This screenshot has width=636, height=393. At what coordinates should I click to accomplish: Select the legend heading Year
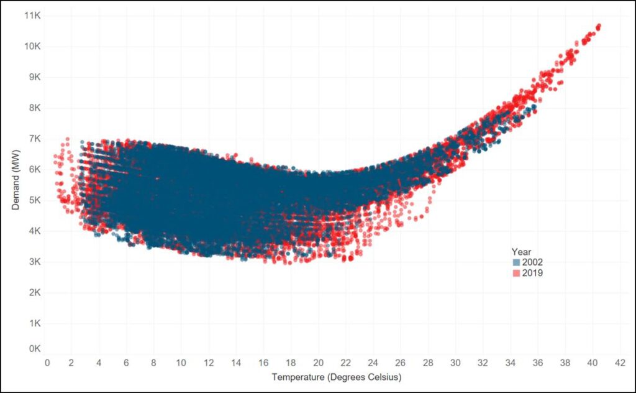520,251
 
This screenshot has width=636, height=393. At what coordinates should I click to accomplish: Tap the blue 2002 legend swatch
516,262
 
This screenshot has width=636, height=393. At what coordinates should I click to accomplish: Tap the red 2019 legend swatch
516,273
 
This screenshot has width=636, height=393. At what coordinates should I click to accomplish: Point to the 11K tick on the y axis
32,15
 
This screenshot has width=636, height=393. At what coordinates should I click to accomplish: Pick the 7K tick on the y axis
34,139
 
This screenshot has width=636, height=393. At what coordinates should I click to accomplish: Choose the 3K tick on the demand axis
34,261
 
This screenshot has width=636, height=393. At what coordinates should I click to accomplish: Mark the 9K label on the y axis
34,77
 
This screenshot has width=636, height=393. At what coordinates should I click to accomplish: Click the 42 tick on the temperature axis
619,363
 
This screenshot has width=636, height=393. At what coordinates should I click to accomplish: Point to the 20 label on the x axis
319,363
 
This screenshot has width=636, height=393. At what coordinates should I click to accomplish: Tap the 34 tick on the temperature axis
510,363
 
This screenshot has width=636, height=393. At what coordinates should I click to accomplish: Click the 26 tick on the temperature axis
401,363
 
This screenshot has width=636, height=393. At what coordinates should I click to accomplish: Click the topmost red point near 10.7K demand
599,26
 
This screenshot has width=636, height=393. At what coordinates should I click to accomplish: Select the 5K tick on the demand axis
34,200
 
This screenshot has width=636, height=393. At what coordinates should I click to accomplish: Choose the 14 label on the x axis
237,363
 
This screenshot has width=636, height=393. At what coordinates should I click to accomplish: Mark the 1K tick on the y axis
34,323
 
